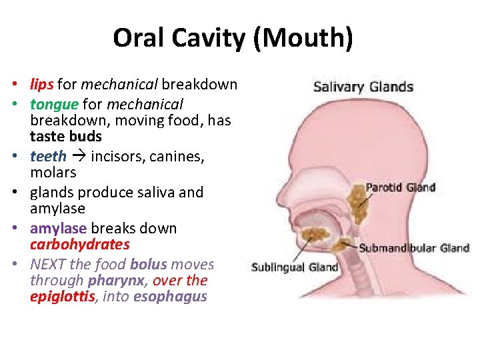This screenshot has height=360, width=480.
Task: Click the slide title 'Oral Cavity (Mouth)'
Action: click(x=233, y=38)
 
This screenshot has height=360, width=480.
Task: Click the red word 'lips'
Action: click(x=42, y=85)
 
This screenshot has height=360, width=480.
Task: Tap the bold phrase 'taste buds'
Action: click(x=66, y=137)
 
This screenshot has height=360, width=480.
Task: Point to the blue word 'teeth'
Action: click(x=48, y=157)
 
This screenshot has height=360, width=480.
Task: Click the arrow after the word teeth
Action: click(x=79, y=157)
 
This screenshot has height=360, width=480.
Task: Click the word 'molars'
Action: click(x=53, y=173)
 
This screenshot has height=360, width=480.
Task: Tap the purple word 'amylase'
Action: click(x=58, y=229)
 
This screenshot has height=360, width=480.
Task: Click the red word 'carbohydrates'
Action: click(x=80, y=245)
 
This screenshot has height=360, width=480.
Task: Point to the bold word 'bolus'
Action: click(x=149, y=265)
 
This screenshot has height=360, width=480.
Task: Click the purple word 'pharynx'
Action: click(x=121, y=281)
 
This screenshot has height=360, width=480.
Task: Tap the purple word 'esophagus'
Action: click(x=170, y=297)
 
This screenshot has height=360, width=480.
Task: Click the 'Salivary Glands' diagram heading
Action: click(x=363, y=87)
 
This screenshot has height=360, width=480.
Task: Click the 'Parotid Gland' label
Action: click(x=400, y=187)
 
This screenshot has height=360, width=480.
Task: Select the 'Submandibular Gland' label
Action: click(x=414, y=248)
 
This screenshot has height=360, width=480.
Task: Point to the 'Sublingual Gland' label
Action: click(x=295, y=268)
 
